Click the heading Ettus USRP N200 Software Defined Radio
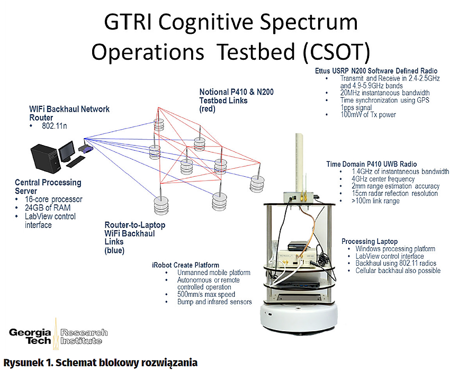376,71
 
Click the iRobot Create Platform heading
185,265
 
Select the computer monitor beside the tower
67,150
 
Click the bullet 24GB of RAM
48,208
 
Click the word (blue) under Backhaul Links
114,250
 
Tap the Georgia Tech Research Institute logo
58,337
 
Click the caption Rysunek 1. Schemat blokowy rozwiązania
101,363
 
